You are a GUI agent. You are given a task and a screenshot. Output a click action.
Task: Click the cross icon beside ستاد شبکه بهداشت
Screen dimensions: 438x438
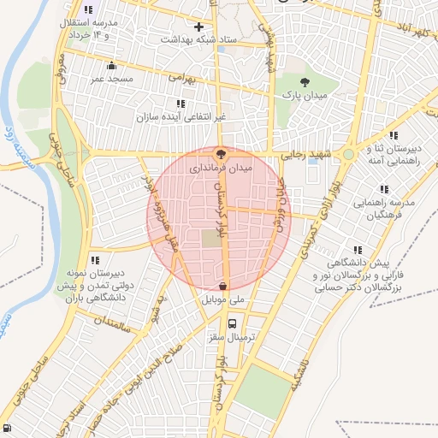pos(199,27)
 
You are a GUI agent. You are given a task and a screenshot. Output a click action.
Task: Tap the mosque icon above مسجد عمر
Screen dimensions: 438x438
pos(110,66)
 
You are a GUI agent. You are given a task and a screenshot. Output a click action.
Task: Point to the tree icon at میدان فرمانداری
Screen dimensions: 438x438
pos(222,156)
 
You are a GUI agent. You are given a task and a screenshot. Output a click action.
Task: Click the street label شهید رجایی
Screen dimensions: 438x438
pos(305,155)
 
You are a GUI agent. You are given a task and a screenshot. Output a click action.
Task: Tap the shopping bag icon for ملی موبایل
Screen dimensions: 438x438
pos(222,287)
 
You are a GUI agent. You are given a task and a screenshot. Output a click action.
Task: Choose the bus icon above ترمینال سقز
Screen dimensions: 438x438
pos(232,323)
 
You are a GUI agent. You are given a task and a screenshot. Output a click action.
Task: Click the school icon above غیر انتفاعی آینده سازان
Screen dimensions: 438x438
pos(180,104)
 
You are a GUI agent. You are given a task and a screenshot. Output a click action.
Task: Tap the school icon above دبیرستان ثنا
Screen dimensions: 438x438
pos(393,135)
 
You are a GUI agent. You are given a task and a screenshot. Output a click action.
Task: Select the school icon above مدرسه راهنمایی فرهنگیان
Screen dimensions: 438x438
pos(384,188)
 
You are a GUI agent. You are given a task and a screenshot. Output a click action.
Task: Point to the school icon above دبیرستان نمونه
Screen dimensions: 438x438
pos(95,259)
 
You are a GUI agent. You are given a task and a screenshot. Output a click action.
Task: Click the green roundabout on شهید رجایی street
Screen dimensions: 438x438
pos(349,155)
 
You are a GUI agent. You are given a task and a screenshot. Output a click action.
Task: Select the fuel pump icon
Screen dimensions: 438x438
pos(8,429)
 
